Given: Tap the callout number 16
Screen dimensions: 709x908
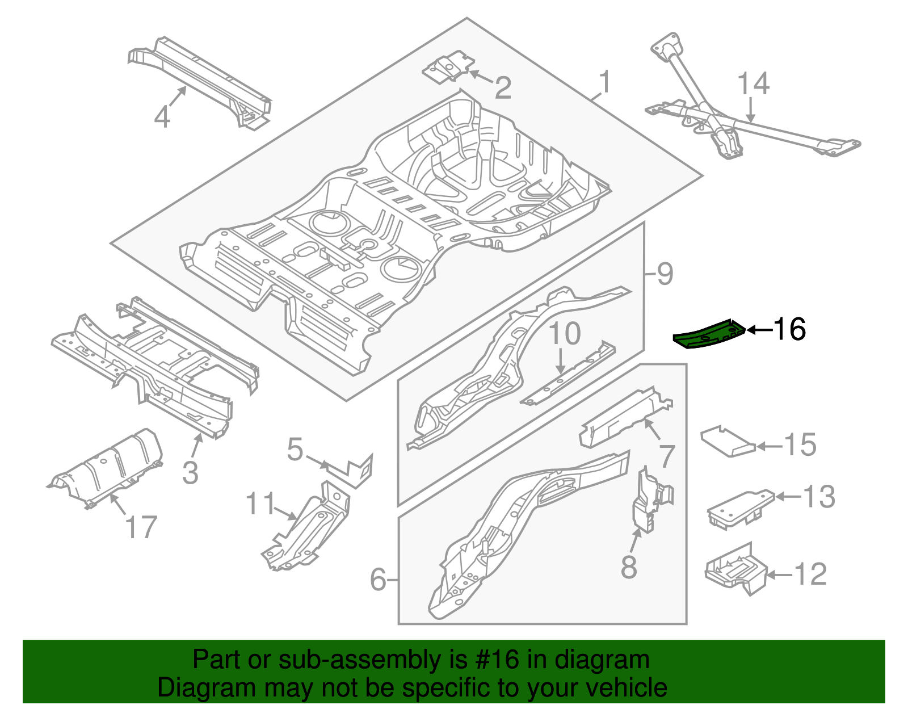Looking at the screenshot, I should click(789, 329).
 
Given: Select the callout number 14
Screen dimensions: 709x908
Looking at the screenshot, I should click(753, 83).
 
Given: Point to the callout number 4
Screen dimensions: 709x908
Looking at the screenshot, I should click(162, 117).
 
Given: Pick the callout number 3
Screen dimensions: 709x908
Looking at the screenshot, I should click(190, 472).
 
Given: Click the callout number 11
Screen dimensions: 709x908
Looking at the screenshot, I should click(260, 504).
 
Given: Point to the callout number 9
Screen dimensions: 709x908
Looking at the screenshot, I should click(665, 274).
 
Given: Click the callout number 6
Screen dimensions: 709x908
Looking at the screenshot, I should click(378, 580).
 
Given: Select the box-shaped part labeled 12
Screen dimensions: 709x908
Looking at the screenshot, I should click(735, 569).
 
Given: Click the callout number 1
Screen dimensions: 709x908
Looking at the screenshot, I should click(606, 82).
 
